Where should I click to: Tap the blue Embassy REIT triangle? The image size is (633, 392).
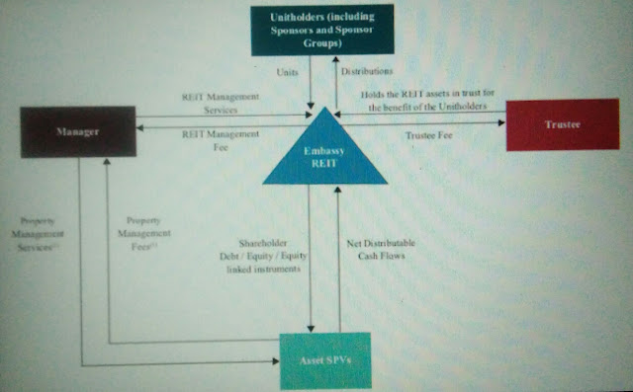click(x=324, y=158)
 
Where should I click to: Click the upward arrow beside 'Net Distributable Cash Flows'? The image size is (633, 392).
click(x=338, y=257)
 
